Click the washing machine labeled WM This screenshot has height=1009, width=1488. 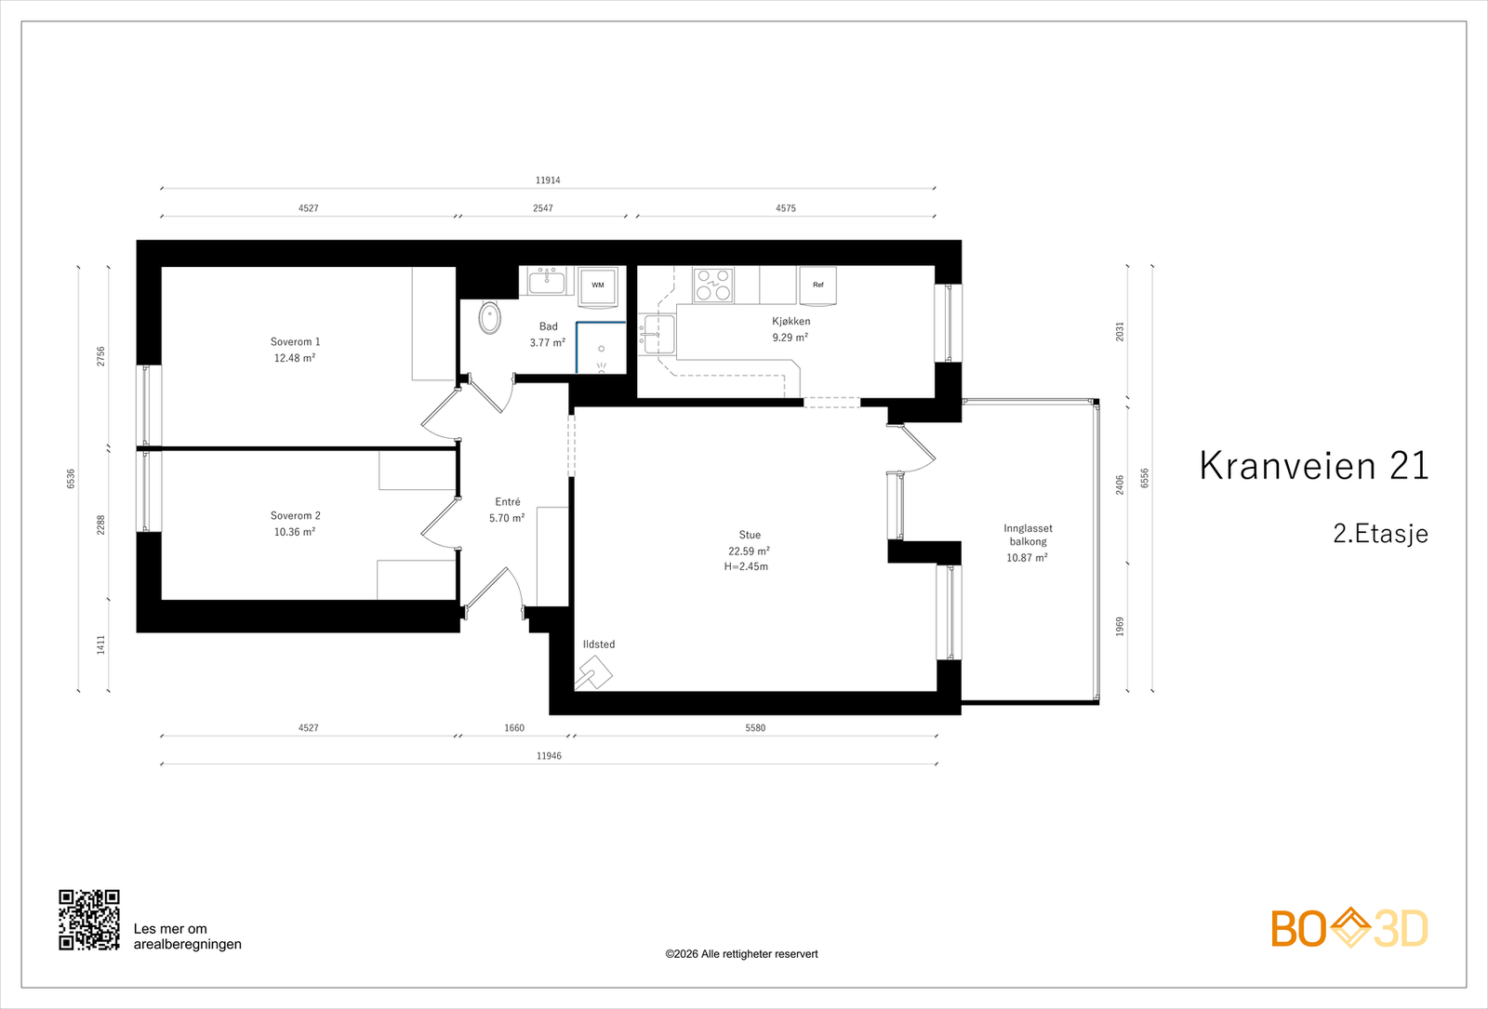point(598,287)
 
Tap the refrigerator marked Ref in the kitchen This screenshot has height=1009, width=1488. point(817,286)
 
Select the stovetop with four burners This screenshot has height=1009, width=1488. point(712,285)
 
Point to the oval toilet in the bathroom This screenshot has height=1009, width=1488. point(489,318)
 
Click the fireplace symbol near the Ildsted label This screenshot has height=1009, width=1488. point(594,673)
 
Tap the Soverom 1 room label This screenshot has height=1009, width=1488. point(295,341)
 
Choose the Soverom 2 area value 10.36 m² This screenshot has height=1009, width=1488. point(295,531)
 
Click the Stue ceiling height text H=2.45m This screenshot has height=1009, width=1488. point(746,566)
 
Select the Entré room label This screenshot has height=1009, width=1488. point(508,501)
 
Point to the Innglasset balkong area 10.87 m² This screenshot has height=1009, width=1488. point(1027,557)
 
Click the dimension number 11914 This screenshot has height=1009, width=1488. point(548,180)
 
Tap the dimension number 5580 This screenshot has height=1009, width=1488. point(755,727)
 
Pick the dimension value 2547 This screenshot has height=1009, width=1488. point(543,208)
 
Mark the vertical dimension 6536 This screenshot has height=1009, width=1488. point(71,479)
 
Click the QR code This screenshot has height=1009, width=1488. point(89,920)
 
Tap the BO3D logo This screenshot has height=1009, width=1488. point(1349,928)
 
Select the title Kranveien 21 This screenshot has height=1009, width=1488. point(1314,465)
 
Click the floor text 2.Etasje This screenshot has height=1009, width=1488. point(1380,534)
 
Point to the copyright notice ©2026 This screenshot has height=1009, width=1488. point(741,954)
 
